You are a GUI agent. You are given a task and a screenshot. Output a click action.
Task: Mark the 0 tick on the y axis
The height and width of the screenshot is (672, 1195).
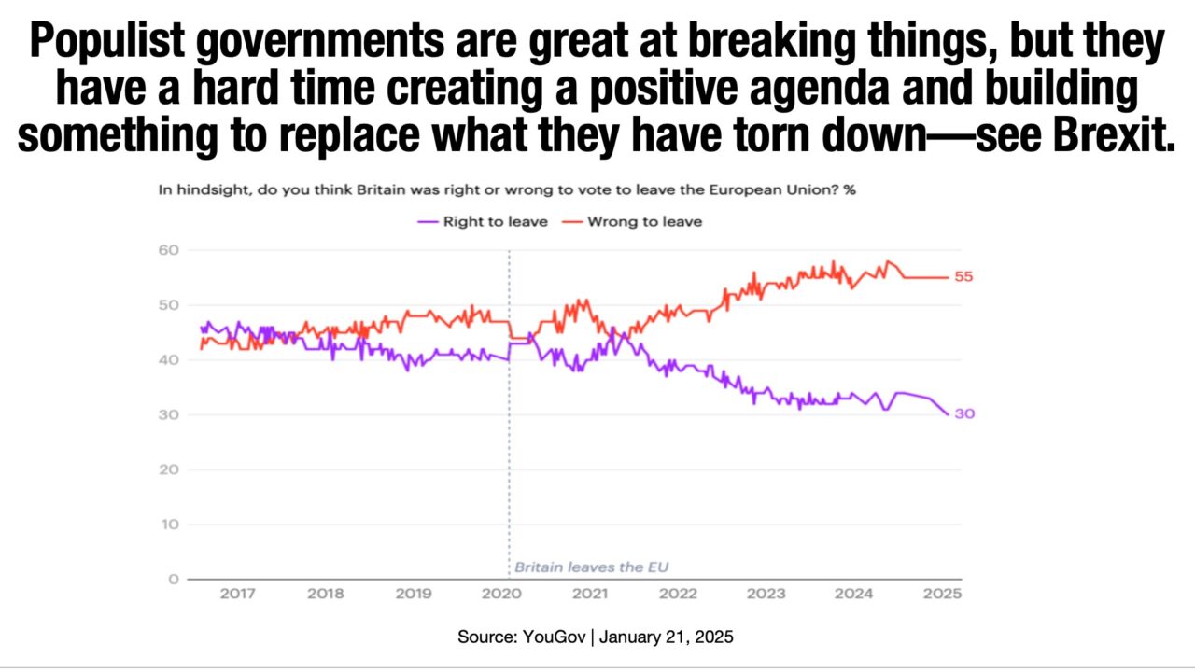(173, 580)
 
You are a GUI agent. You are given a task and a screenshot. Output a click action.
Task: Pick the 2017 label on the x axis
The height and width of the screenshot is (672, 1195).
(237, 595)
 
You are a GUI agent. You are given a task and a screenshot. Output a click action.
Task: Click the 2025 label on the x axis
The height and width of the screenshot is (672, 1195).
(943, 595)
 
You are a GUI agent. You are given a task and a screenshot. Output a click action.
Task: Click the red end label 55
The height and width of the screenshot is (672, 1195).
(963, 277)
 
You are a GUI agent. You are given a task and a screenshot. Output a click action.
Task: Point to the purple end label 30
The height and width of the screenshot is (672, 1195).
(964, 413)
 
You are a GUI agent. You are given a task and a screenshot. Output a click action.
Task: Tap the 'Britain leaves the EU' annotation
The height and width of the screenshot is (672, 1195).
(592, 567)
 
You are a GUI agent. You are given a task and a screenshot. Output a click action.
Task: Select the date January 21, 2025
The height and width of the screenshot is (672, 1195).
(666, 637)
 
